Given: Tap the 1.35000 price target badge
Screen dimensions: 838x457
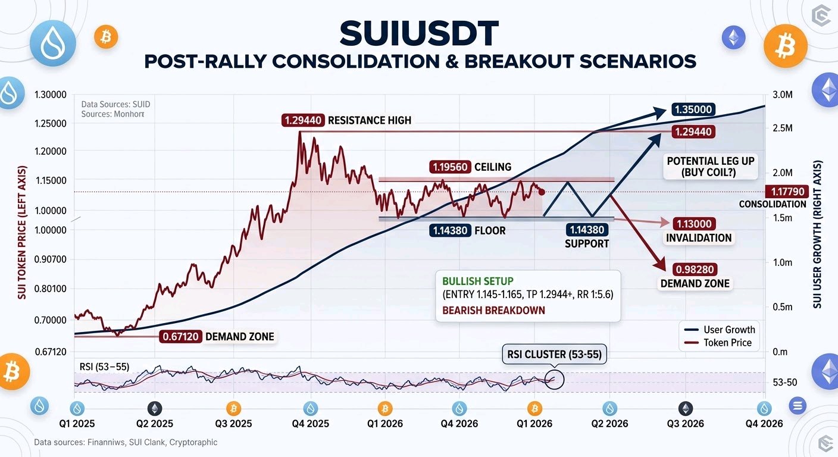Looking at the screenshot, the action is click(693, 109).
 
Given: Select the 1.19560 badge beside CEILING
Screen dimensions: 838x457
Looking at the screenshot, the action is click(450, 167).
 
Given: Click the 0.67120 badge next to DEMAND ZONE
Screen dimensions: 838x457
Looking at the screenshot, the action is click(181, 337).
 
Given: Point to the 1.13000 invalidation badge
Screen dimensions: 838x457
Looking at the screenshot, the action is click(694, 224).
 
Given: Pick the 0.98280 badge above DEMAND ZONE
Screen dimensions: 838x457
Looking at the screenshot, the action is click(695, 270).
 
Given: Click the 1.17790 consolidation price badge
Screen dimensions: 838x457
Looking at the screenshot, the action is click(787, 192).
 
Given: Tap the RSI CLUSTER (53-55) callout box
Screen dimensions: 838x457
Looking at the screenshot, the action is click(554, 354).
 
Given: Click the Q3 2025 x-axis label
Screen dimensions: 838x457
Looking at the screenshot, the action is click(233, 424).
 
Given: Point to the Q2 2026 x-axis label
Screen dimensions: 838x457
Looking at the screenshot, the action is click(609, 424).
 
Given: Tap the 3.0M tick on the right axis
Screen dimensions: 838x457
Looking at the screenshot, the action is click(783, 95).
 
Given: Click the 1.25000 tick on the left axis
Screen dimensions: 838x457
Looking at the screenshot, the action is click(51, 123).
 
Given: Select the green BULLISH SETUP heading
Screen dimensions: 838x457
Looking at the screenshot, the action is click(478, 281).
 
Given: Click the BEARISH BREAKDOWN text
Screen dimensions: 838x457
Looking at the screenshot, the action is click(493, 311).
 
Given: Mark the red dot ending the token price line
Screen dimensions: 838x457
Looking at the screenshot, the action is click(542, 192).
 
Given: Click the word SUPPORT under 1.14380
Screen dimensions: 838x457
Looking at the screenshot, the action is click(587, 244).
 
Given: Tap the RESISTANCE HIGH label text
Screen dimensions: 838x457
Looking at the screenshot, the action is click(370, 120).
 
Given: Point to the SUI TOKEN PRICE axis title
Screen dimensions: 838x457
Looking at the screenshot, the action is click(22, 232).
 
